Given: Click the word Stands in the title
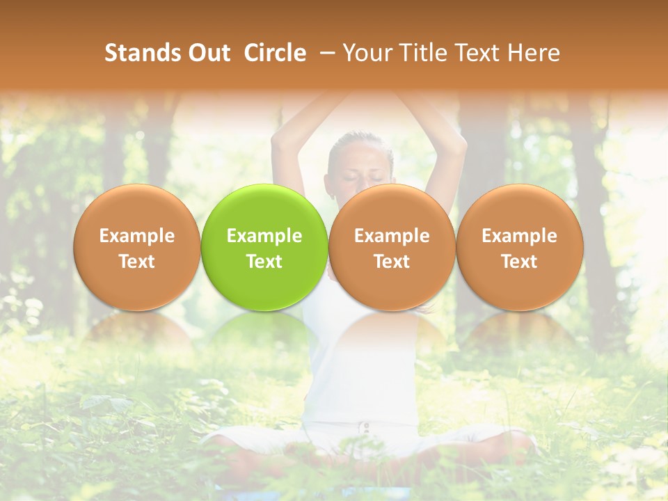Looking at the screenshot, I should tap(138, 53).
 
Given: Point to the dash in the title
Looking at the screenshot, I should tap(324, 53).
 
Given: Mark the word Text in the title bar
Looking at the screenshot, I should tap(472, 53).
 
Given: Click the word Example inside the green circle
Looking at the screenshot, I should tap(264, 236).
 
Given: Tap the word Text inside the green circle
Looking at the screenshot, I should tap(264, 262).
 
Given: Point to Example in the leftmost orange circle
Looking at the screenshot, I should tap(136, 236).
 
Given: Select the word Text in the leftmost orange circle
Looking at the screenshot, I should tap(136, 262).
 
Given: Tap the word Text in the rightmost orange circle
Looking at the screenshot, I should tap(519, 262).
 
